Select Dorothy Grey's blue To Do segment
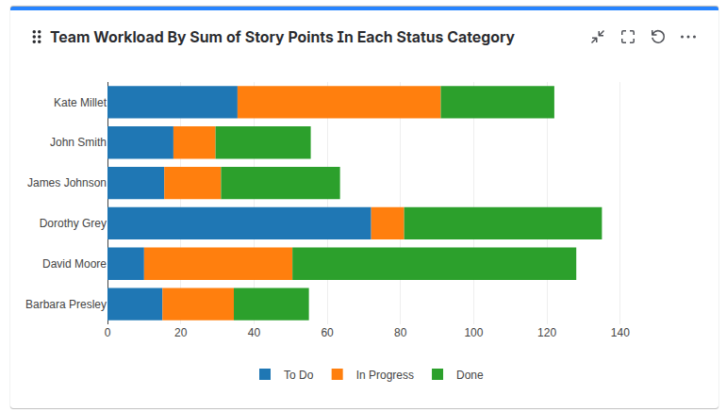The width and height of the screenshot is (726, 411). pyautogui.click(x=239, y=223)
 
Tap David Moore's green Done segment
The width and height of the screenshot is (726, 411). pyautogui.click(x=434, y=264)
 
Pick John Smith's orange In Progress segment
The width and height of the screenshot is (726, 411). pyautogui.click(x=194, y=142)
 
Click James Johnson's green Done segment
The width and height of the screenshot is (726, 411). pyautogui.click(x=280, y=183)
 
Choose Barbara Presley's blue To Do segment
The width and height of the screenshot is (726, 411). pyautogui.click(x=135, y=304)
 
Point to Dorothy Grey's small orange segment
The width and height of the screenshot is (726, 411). pyautogui.click(x=388, y=223)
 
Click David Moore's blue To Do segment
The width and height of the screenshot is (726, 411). pyautogui.click(x=125, y=264)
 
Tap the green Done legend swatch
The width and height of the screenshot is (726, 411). pyautogui.click(x=437, y=375)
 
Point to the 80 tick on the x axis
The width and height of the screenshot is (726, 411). pyautogui.click(x=400, y=333)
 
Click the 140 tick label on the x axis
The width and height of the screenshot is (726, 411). pyautogui.click(x=619, y=333)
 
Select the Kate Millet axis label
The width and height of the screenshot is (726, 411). pyautogui.click(x=79, y=103)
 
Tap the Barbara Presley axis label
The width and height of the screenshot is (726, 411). pyautogui.click(x=65, y=304)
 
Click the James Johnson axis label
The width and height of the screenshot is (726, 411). pyautogui.click(x=66, y=183)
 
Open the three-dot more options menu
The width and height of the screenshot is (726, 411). pyautogui.click(x=688, y=37)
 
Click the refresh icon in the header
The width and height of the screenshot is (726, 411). pyautogui.click(x=658, y=37)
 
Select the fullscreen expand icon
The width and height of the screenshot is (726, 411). pyautogui.click(x=628, y=37)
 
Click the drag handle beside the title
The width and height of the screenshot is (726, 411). pyautogui.click(x=37, y=37)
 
